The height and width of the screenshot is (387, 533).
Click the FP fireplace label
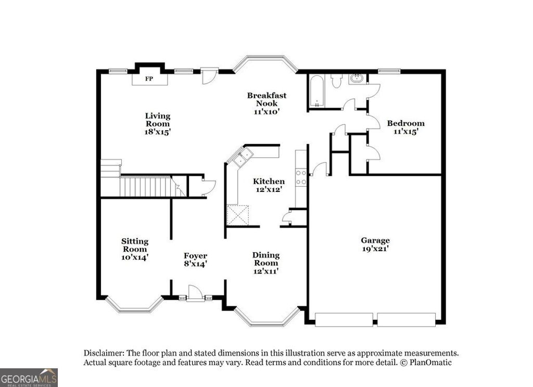(149, 79)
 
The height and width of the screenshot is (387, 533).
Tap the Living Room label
(157, 120)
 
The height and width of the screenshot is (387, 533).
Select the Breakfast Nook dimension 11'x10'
(267, 111)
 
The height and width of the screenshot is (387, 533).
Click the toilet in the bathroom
(336, 81)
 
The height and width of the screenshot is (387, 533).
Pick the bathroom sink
(358, 79)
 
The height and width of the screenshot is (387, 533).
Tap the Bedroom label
(405, 123)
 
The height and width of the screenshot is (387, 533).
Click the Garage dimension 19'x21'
(375, 249)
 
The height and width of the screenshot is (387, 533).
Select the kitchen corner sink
(243, 157)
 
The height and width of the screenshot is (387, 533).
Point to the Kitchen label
(269, 181)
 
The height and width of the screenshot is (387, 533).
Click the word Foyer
(195, 255)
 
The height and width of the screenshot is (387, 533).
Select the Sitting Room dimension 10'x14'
(135, 256)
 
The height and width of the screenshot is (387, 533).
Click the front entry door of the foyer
(195, 294)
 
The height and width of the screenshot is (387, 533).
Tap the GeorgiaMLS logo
(29, 377)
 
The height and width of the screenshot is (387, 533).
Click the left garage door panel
(344, 319)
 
